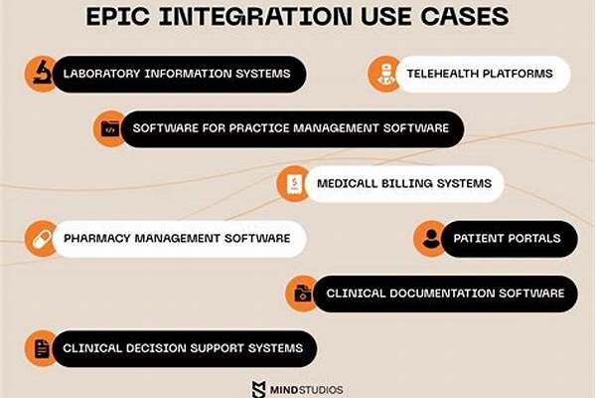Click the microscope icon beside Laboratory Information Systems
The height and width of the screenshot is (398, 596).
point(42,73)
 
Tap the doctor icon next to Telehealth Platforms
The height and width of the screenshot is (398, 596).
point(385,75)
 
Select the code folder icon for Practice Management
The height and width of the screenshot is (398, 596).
point(110,128)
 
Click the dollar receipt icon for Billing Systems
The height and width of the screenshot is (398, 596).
point(294,183)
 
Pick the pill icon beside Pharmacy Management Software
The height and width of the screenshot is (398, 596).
point(42,239)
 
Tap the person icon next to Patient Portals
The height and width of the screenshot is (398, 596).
point(431,239)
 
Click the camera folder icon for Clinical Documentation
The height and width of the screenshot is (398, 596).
point(303,294)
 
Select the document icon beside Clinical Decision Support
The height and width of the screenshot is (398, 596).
point(42,348)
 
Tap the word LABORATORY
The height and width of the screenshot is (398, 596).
point(101,74)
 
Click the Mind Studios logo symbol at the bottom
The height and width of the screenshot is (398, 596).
point(259,389)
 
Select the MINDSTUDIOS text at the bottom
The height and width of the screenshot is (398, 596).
point(306,390)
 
